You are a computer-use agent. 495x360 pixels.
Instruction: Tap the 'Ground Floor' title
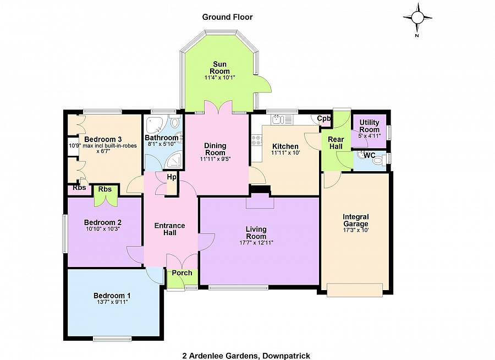tap(227, 17)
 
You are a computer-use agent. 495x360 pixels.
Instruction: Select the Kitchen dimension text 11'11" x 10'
tap(285, 153)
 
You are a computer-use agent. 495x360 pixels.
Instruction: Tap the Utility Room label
tap(369, 126)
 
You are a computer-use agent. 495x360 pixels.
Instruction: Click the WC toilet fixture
tap(360, 156)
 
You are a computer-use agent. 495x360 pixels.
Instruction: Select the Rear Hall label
tap(335, 143)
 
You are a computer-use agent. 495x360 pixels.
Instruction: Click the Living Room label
tap(256, 232)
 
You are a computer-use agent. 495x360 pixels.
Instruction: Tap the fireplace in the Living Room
tap(260, 201)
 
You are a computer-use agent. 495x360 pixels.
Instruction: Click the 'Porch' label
tap(182, 273)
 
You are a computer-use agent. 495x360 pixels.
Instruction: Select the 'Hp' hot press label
tap(172, 177)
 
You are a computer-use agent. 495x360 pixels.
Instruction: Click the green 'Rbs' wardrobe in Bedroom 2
tap(105, 195)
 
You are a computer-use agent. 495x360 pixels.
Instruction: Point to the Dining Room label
tap(215, 149)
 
